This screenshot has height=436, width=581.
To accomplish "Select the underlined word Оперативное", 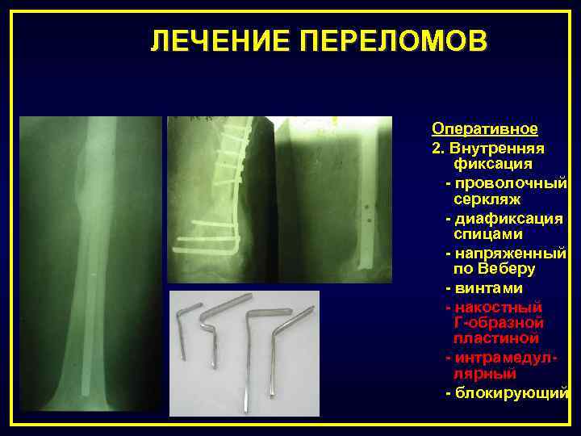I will [485, 129].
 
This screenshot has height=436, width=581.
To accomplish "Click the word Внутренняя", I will [497, 149].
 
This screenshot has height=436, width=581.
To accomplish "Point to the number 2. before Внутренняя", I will [439, 149].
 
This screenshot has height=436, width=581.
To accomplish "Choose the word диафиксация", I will [509, 218].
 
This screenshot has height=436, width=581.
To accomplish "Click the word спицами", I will [488, 234].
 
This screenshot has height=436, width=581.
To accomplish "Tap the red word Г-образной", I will [498, 322].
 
